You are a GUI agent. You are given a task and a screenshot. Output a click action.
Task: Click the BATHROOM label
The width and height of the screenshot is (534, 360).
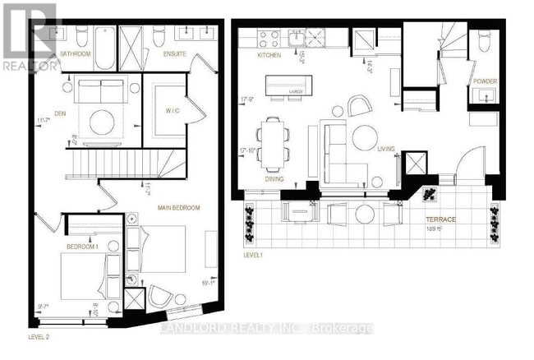[x=76, y=54]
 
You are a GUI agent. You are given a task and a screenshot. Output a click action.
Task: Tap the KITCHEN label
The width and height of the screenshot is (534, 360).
[x=269, y=55]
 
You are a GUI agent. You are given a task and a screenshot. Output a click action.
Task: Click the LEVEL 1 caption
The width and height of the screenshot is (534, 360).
[x=254, y=256]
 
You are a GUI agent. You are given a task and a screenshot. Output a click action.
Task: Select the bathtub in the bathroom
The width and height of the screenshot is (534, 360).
[x=105, y=47]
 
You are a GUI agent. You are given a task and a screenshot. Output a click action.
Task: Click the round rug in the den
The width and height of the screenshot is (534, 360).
[x=102, y=122]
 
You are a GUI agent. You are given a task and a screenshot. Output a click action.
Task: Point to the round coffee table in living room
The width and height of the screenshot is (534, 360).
[x=366, y=137]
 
